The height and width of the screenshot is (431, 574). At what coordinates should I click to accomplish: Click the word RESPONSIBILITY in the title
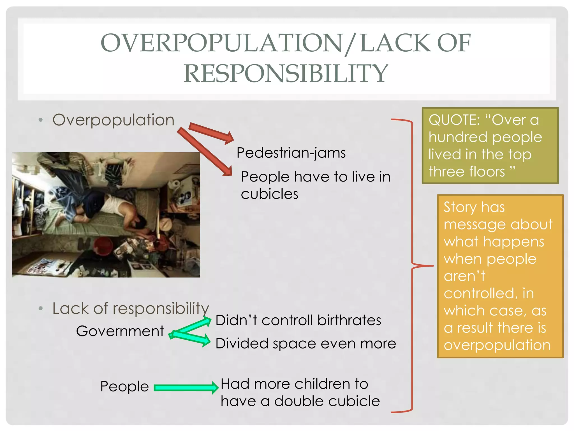click(286, 74)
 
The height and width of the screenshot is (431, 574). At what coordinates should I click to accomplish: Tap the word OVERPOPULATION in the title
click(221, 43)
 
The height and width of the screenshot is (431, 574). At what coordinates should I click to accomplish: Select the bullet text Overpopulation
click(113, 120)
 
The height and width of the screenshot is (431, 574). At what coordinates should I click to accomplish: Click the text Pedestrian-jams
click(291, 153)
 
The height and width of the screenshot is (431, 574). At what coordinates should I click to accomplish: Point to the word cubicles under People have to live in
click(269, 194)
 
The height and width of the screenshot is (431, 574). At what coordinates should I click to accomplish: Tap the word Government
click(120, 331)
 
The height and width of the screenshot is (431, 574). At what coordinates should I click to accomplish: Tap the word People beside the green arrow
click(124, 386)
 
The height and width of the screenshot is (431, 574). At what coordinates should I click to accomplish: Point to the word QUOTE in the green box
click(454, 120)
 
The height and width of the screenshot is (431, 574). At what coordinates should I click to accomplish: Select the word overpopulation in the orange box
click(497, 345)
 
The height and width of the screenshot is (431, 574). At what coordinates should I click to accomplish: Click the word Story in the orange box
click(460, 207)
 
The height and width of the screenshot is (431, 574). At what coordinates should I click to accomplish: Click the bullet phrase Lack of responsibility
click(131, 309)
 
